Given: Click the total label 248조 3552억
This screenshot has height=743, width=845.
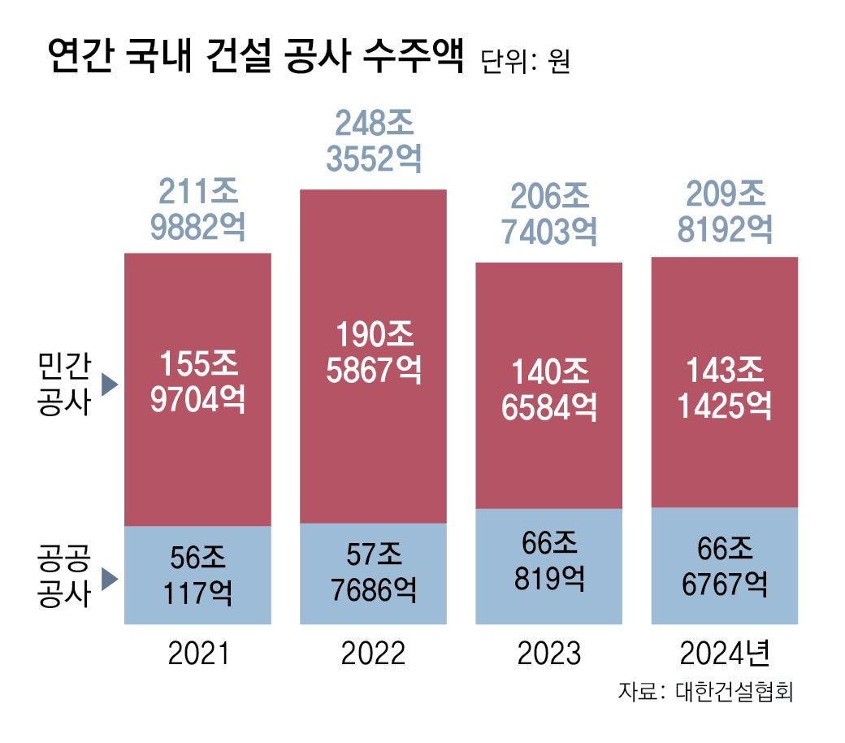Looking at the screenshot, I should point(374,142).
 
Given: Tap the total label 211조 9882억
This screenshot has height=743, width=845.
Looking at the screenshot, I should point(197,211).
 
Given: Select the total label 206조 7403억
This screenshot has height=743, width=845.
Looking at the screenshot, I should point(548,215).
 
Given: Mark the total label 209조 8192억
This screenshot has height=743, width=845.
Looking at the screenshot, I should point(724,212).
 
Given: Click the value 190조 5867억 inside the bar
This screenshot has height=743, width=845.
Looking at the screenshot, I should point(374,352).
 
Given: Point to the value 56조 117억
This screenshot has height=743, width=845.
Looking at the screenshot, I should point(197,575).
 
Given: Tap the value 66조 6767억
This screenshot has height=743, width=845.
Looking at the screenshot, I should point(724,567).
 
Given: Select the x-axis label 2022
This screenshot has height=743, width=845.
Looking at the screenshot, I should point(373,653).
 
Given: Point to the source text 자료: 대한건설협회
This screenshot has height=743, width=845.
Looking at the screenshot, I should point(705,693).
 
